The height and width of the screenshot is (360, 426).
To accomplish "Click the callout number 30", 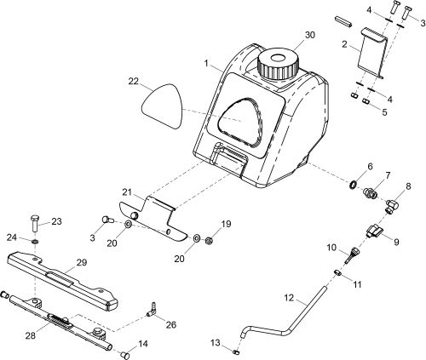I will coord(308,36).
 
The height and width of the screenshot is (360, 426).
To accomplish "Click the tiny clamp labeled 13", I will coord(240,349).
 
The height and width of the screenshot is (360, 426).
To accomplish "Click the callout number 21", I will coord(126,193).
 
